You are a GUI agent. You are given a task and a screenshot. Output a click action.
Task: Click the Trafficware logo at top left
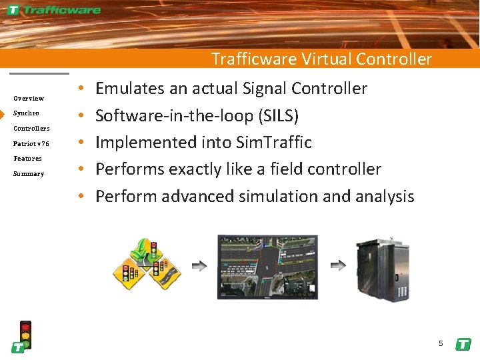55,10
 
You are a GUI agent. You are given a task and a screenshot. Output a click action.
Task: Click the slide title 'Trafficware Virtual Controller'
321,59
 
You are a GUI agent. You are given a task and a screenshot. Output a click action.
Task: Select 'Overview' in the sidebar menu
29,99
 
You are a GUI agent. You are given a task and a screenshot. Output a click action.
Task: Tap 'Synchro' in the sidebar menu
26,113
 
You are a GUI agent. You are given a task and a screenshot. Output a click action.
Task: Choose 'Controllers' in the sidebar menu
31,128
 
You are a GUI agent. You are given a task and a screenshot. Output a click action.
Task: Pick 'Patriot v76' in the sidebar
31,143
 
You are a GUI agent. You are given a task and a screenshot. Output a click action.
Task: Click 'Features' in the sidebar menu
27,159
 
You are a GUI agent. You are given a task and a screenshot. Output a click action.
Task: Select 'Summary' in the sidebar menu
29,174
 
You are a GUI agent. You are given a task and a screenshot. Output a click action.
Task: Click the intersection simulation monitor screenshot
267,266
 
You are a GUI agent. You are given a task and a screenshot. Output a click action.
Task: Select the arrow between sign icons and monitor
199,265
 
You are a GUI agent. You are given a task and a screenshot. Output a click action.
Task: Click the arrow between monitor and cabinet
338,265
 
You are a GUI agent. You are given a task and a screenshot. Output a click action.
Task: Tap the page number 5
441,344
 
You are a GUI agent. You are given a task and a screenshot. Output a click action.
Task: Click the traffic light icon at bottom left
25,333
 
